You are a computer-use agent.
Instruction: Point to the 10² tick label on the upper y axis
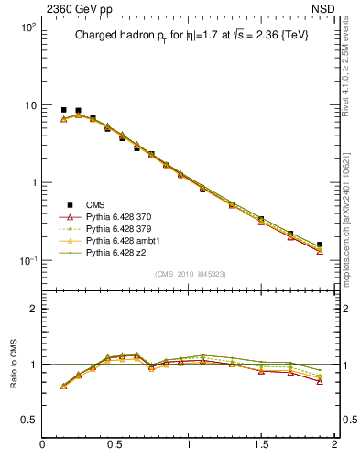point(27,27)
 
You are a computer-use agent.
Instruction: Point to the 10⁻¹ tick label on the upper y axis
point(27,260)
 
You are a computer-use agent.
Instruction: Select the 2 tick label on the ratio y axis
point(32,309)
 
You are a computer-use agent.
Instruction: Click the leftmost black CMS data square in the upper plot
point(63,110)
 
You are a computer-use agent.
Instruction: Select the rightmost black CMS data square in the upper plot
point(320,245)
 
